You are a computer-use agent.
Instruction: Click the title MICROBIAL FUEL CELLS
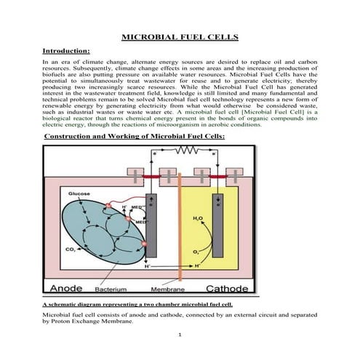pos(179,36)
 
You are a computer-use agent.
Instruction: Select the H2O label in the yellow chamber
pos(199,217)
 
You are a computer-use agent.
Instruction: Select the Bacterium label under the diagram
pos(113,288)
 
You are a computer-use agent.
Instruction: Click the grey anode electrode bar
pos(151,225)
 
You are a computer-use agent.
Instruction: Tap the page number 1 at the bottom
pos(179,336)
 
